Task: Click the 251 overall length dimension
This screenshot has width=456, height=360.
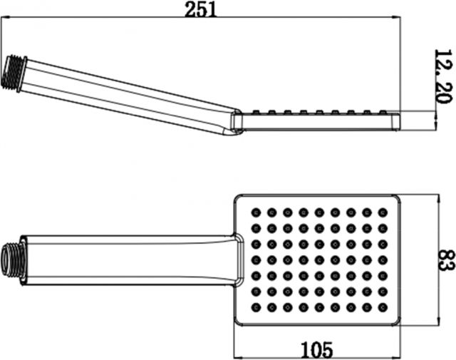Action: pyautogui.click(x=201, y=10)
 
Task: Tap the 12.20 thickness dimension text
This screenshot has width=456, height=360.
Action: pyautogui.click(x=444, y=76)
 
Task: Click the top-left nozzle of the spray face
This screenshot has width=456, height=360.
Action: pyautogui.click(x=256, y=212)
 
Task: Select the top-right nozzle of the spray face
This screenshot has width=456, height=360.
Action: pyautogui.click(x=383, y=212)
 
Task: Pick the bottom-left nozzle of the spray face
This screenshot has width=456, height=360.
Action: pyautogui.click(x=256, y=307)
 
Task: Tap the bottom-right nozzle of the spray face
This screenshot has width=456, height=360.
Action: pyautogui.click(x=383, y=307)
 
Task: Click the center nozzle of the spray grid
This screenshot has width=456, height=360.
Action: pyautogui.click(x=319, y=259)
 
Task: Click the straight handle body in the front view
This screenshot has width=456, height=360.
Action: pyautogui.click(x=128, y=259)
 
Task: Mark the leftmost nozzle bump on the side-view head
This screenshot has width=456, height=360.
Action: pyautogui.click(x=256, y=112)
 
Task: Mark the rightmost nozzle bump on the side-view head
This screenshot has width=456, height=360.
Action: pyautogui.click(x=383, y=112)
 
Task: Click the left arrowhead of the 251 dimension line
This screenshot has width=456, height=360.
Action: pyautogui.click(x=5, y=18)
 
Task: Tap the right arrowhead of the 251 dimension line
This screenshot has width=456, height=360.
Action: pyautogui.click(x=397, y=18)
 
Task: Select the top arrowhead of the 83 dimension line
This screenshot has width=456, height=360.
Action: pyautogui.click(x=438, y=199)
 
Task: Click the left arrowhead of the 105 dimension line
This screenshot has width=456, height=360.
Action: pyautogui.click(x=238, y=357)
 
